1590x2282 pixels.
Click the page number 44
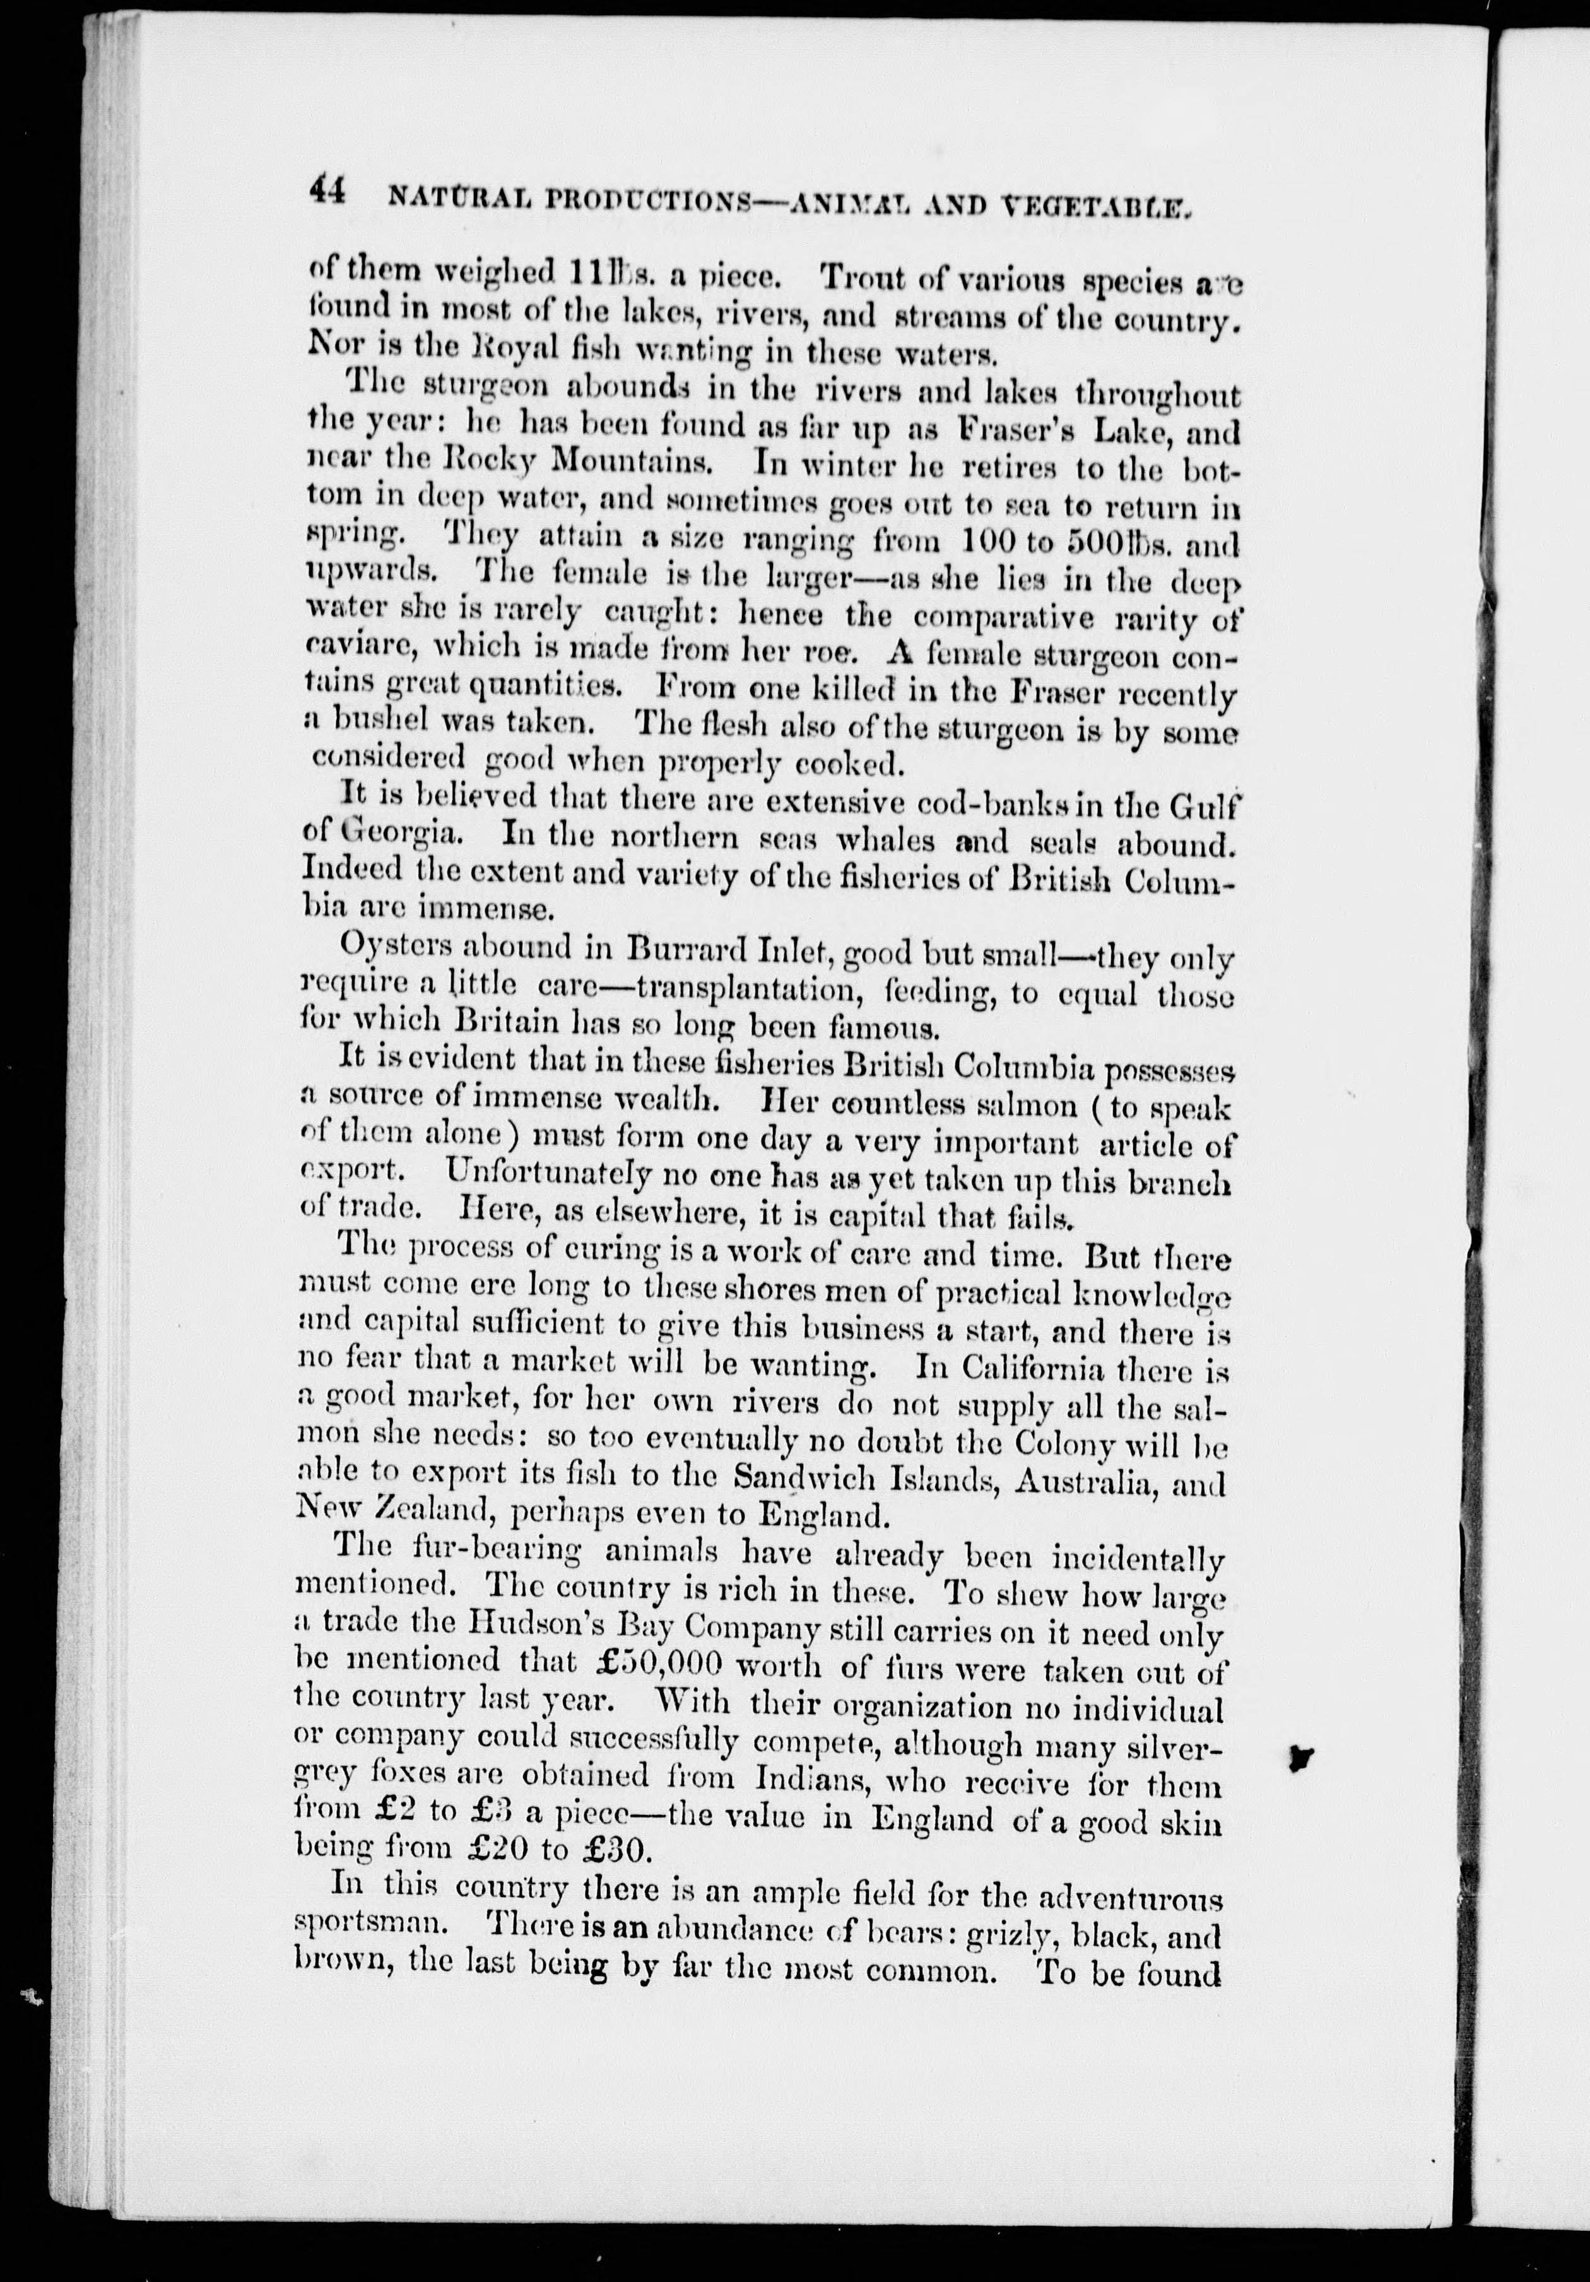coord(327,190)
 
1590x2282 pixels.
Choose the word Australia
coord(1081,1484)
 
